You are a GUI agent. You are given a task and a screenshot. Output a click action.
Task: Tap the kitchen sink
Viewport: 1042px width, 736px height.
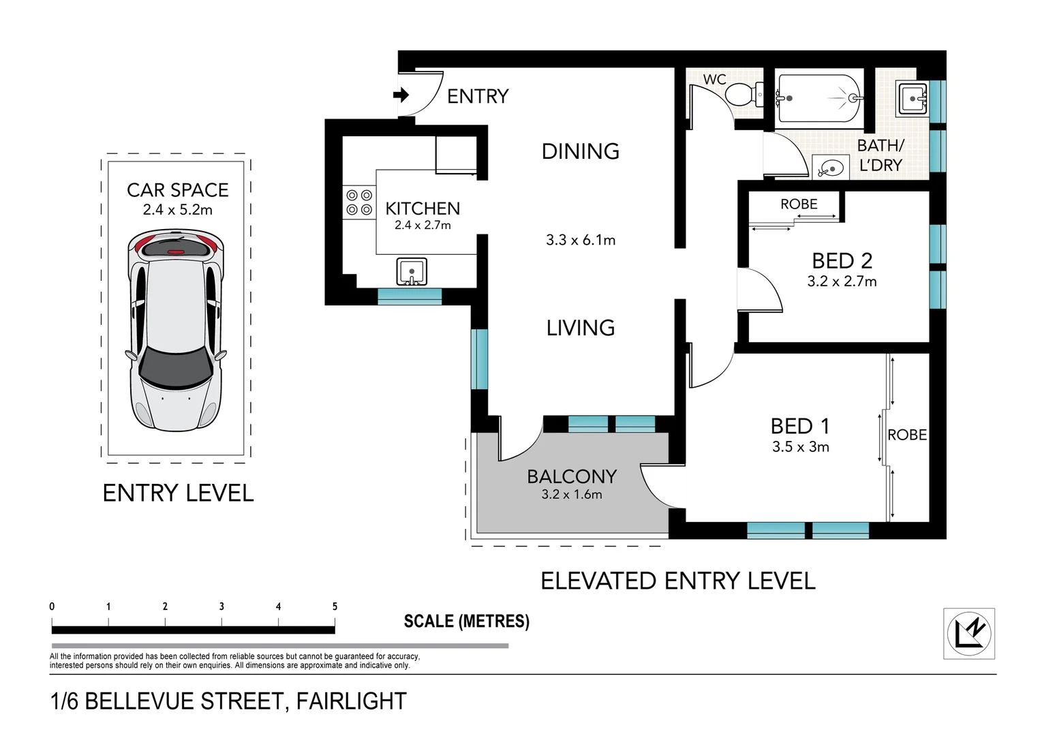point(412,272)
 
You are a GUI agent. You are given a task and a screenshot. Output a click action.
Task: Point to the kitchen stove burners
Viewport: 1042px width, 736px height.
point(359,202)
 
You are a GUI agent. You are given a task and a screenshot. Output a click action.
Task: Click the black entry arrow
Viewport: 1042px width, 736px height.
point(401,95)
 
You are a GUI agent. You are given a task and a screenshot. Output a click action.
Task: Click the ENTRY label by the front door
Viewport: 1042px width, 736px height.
point(478,97)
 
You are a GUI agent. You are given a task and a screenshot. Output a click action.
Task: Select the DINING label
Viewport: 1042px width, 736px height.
point(580,151)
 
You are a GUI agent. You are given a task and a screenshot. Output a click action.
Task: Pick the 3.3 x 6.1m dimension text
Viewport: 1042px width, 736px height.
point(580,240)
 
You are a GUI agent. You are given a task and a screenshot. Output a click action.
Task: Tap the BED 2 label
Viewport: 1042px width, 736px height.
point(842,260)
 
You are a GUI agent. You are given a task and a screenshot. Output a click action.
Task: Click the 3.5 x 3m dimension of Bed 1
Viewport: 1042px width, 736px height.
point(800,447)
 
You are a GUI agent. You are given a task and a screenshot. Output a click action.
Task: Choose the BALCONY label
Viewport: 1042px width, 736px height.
point(572,476)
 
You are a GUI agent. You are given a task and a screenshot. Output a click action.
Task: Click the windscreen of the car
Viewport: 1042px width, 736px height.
point(177,371)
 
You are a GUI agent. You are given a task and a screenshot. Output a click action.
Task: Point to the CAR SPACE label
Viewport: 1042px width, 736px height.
point(177,190)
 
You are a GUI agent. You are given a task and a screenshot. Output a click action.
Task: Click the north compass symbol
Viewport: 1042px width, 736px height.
point(968,633)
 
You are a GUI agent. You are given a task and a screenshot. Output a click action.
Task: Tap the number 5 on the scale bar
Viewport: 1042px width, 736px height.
point(335,607)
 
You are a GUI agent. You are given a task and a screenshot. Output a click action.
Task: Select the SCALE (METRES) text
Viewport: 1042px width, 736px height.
point(466,621)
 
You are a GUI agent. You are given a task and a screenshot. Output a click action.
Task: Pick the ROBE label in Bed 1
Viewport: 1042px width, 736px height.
point(906,435)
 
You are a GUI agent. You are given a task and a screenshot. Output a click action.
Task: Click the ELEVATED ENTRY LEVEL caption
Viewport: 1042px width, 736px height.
point(677,581)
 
